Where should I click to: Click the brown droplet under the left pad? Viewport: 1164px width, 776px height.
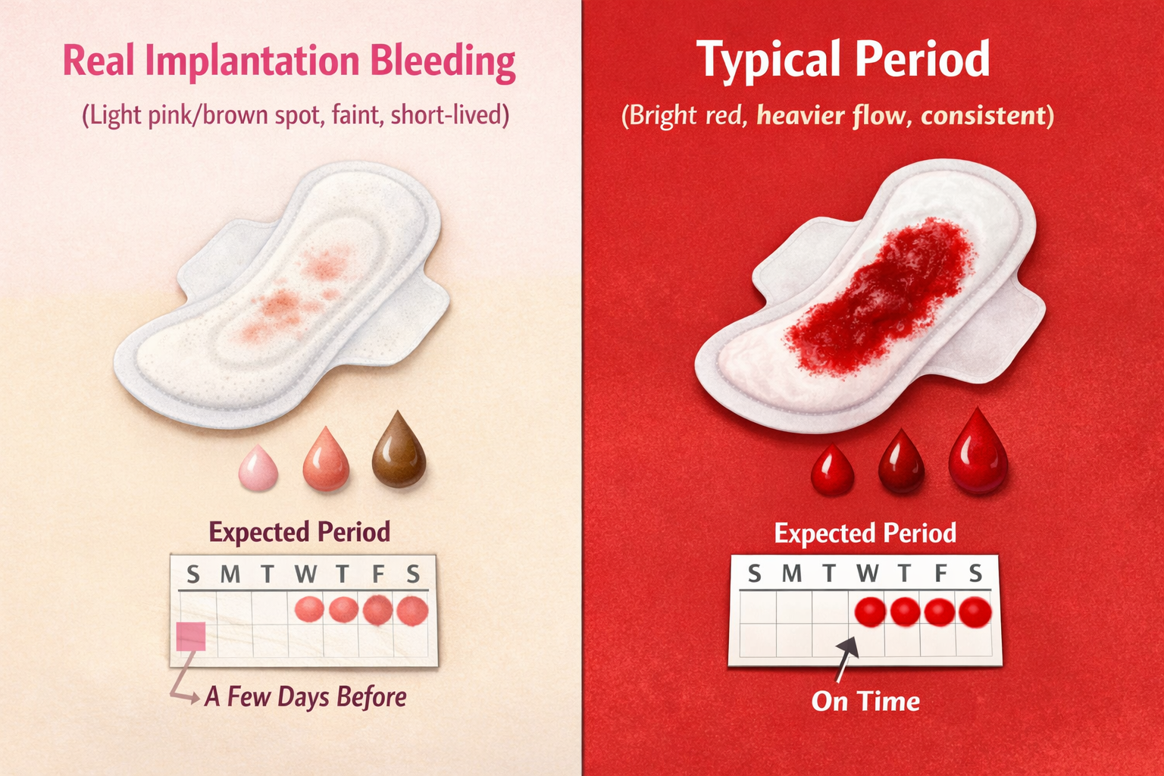(x=399, y=452)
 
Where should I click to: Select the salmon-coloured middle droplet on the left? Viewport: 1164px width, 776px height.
(x=327, y=460)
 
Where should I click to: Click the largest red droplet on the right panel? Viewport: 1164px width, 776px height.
(x=978, y=454)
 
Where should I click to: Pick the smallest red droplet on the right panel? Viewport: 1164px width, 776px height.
(x=832, y=471)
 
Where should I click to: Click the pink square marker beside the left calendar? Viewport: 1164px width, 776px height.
(x=191, y=637)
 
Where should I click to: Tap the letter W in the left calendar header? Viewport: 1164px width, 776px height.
(x=306, y=574)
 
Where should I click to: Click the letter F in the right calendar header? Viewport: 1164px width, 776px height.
(x=940, y=574)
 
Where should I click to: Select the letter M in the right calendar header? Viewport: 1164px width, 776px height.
(x=791, y=574)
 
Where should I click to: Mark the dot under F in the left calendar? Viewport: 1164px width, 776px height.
(x=377, y=610)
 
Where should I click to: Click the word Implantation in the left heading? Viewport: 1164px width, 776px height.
(x=252, y=61)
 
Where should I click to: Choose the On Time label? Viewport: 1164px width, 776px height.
(x=865, y=702)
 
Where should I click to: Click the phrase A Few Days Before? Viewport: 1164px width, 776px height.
(x=305, y=696)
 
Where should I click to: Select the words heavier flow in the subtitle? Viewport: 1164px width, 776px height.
(x=832, y=116)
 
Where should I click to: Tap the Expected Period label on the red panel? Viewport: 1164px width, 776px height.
(x=865, y=533)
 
